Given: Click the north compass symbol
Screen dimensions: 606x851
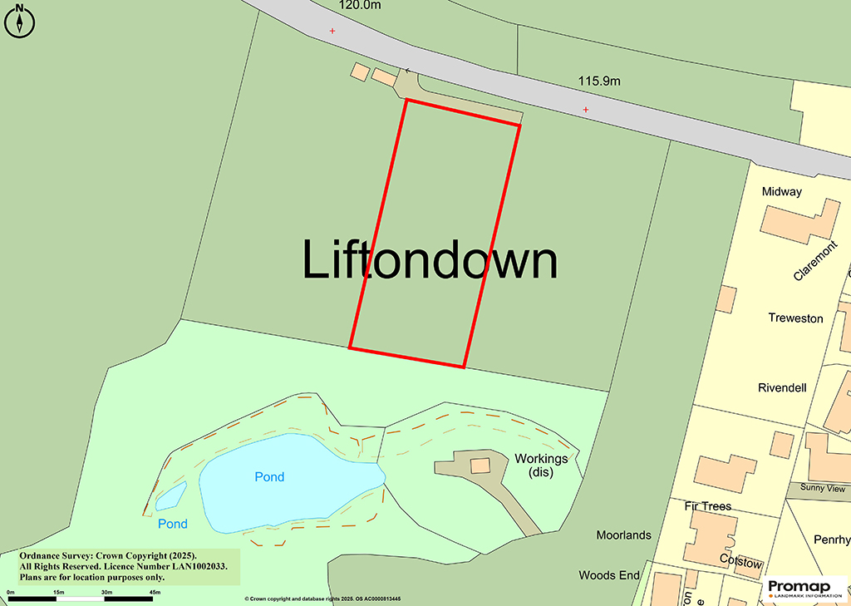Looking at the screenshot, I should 19,22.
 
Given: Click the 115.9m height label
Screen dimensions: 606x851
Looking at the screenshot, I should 600,81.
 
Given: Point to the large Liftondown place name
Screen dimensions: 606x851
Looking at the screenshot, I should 429,260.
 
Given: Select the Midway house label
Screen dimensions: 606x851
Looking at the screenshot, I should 782,192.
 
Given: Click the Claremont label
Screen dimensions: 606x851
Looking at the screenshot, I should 815,262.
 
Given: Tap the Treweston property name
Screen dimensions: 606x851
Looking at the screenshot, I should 795,318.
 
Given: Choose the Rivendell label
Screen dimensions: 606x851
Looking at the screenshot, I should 782,387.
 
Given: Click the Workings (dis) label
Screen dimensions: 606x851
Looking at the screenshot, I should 541,466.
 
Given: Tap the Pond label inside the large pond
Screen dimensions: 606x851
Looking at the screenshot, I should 269,477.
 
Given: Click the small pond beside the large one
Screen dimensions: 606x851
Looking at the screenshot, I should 171,496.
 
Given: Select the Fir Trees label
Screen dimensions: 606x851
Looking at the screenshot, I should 707,506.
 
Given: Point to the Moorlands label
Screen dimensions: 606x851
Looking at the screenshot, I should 623,535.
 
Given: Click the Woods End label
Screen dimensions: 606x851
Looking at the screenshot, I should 609,575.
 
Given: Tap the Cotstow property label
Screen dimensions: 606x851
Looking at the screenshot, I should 740,563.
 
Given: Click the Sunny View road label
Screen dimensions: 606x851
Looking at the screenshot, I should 823,488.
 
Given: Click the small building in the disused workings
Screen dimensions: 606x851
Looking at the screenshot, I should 480,465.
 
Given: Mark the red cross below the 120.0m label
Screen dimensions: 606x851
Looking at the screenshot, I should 332,31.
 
